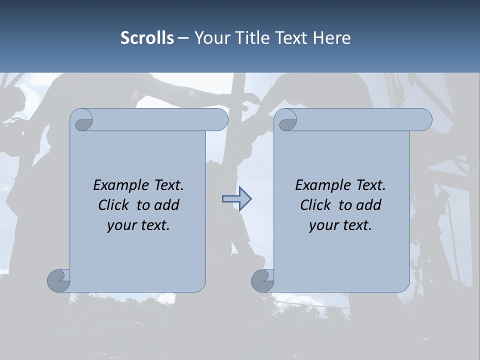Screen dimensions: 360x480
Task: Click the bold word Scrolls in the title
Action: pyautogui.click(x=147, y=38)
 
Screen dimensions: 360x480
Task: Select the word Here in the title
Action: pyautogui.click(x=332, y=38)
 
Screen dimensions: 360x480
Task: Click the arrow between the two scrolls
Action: pyautogui.click(x=236, y=199)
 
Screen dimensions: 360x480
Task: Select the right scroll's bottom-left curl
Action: pyautogui.click(x=263, y=280)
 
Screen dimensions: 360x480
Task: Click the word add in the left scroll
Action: pyautogui.click(x=167, y=205)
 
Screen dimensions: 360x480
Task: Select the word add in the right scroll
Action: pyautogui.click(x=369, y=205)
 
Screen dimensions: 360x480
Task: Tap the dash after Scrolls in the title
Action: pyautogui.click(x=183, y=38)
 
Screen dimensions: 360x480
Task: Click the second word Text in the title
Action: pyautogui.click(x=290, y=38)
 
